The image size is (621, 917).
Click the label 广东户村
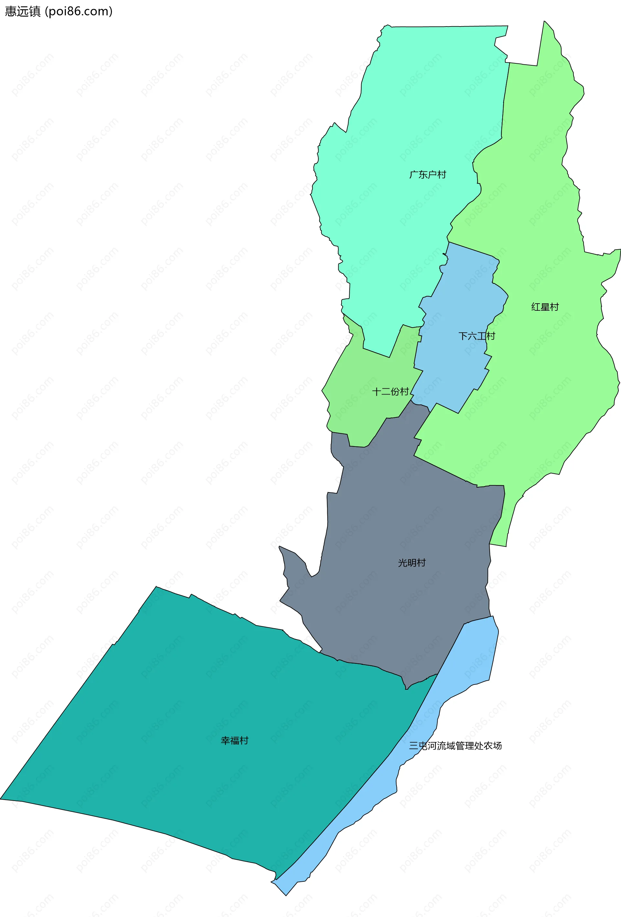(x=428, y=174)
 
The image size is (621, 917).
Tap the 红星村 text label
(x=545, y=307)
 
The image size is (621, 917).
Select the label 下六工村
(x=476, y=336)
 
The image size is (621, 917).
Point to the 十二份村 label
(x=390, y=392)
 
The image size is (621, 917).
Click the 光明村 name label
(x=412, y=563)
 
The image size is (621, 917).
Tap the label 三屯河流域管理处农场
(x=455, y=746)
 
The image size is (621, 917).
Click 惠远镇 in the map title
(x=23, y=11)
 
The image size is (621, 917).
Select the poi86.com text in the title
(x=79, y=11)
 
